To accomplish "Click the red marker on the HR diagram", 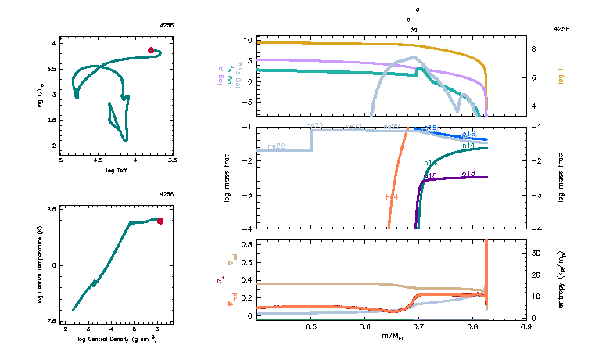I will [x=152, y=50].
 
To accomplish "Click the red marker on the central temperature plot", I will [x=160, y=221].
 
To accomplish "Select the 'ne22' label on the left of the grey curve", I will [x=275, y=146].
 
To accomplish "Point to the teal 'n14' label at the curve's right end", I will [x=468, y=146].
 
